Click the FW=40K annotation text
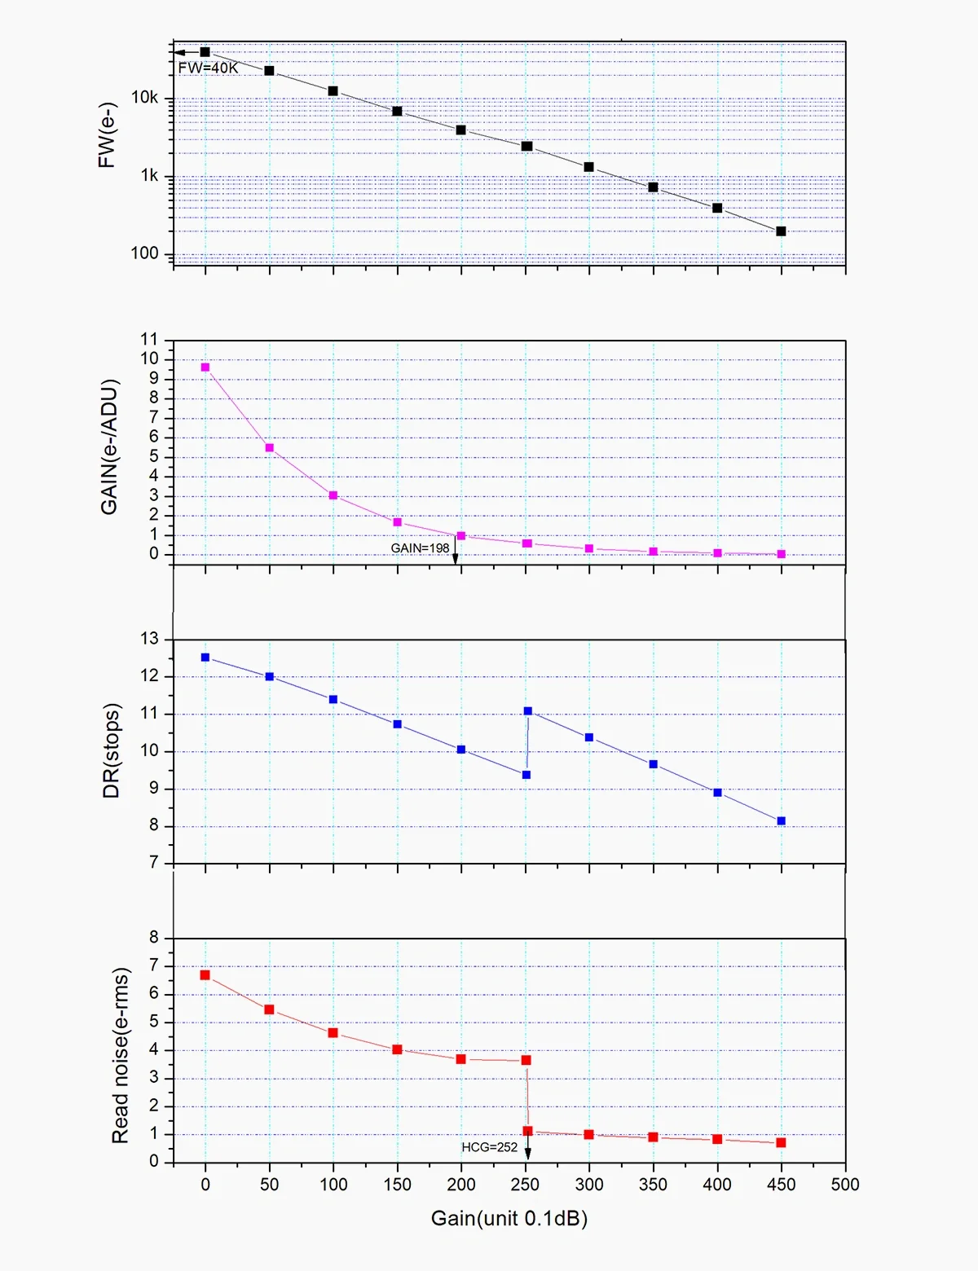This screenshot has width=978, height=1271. coord(208,68)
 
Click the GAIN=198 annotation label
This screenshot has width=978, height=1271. coord(420,548)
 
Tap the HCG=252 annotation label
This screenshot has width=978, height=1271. coord(489,1147)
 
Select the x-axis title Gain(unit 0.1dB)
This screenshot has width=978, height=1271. coord(509,1219)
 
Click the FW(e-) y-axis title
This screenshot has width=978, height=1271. coord(106,135)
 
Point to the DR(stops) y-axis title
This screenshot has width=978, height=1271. coord(112,750)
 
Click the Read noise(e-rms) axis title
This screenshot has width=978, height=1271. coord(120,1055)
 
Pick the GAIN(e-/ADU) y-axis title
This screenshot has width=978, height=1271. coord(109,446)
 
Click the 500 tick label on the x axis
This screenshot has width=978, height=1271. coord(844,1185)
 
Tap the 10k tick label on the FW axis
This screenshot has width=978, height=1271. coord(145,98)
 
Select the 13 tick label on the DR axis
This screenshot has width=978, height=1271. coord(149,639)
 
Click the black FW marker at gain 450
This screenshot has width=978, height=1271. coord(781,231)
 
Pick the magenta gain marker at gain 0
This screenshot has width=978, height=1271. coord(205,367)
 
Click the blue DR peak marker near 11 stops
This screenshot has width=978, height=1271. coord(528,711)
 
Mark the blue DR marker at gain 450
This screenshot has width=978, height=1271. coord(781,821)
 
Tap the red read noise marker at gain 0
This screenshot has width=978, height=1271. coord(205,975)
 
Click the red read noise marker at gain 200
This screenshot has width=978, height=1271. coord(461,1059)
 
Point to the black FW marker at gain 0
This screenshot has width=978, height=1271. coord(205,52)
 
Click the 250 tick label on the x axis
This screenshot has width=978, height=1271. coord(525,1185)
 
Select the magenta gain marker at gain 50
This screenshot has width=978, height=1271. coord(270,448)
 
